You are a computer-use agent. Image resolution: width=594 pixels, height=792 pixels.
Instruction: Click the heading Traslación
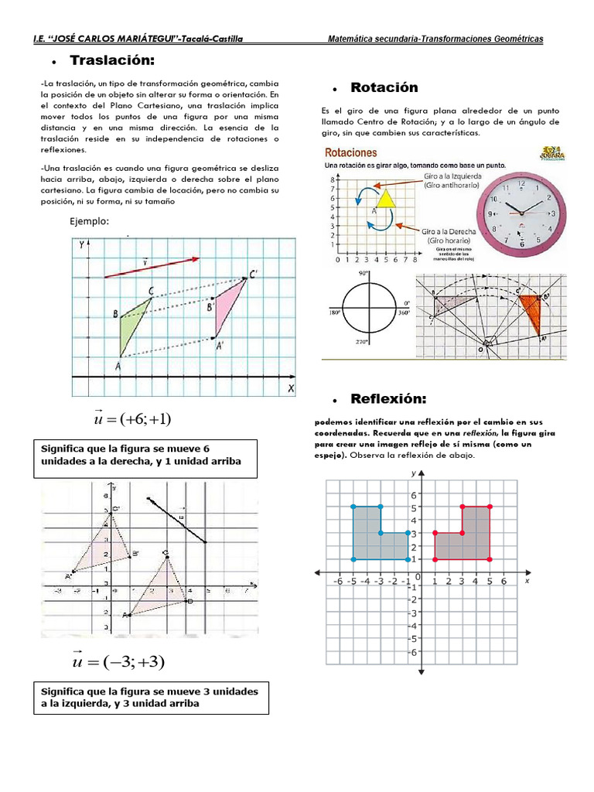(x=123, y=60)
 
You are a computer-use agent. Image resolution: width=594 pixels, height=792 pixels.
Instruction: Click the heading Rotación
(x=384, y=87)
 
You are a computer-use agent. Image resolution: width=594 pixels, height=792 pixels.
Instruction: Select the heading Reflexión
(x=388, y=398)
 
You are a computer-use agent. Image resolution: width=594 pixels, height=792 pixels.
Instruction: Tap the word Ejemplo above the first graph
(x=90, y=221)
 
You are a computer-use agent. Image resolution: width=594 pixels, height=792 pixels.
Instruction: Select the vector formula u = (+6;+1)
(x=131, y=419)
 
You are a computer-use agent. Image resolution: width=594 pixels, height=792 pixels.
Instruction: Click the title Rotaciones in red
(x=351, y=153)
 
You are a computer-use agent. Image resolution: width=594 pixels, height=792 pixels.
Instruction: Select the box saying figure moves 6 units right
(x=146, y=455)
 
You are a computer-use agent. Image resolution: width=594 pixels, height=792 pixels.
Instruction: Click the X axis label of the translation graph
(x=291, y=389)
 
